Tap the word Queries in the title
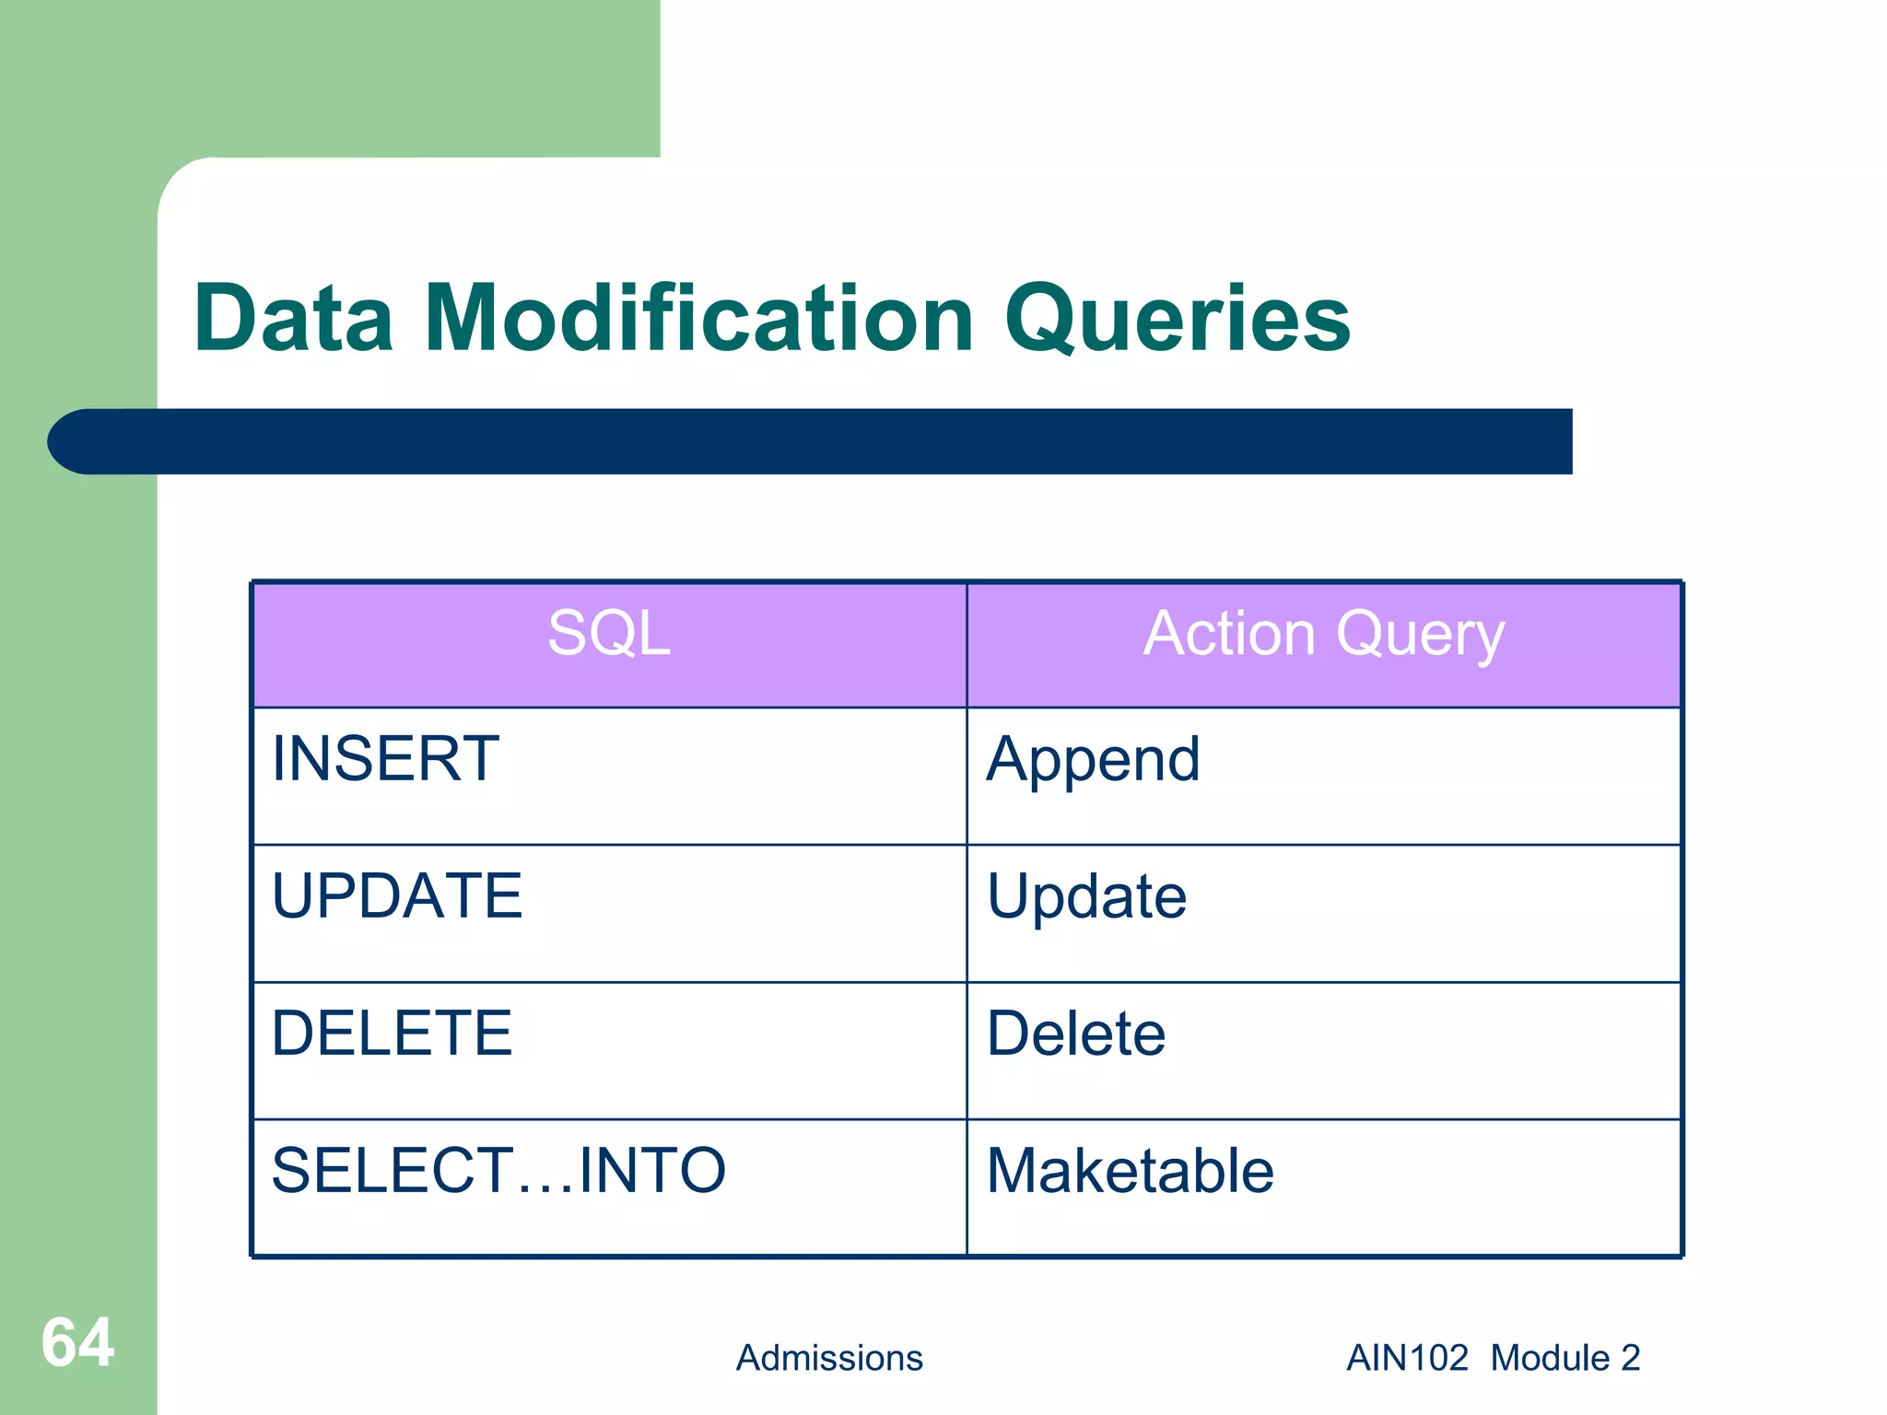[1178, 320]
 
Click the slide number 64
[77, 1343]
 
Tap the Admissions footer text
[829, 1358]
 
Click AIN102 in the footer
[1407, 1358]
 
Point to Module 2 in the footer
[1565, 1358]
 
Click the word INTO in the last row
[652, 1171]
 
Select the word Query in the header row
[1420, 637]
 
